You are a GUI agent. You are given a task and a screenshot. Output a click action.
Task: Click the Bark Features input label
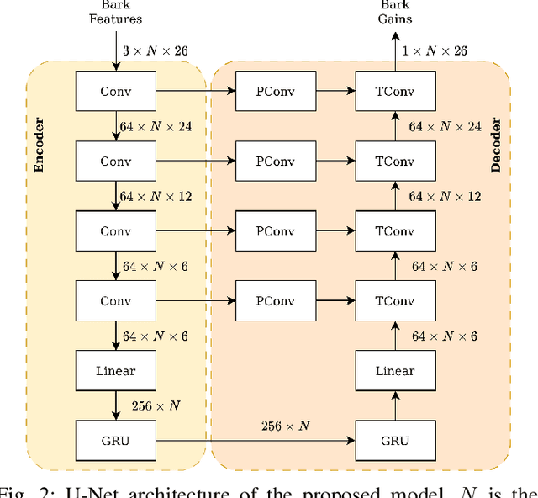[116, 12]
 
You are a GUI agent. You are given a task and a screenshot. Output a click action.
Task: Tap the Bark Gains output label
[394, 12]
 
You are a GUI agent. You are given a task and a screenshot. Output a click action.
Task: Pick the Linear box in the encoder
[116, 370]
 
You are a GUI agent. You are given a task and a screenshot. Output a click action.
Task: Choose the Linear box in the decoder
[395, 370]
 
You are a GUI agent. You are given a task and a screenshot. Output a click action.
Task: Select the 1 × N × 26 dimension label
[435, 50]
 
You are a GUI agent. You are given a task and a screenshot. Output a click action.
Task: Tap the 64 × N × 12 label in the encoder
[156, 196]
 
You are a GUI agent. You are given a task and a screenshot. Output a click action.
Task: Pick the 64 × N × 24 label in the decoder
[445, 126]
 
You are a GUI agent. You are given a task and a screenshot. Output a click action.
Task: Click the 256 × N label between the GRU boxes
[286, 426]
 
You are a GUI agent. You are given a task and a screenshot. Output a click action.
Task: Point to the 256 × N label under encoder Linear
[156, 405]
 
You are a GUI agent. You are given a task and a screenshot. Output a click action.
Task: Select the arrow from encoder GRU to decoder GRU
[252, 439]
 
